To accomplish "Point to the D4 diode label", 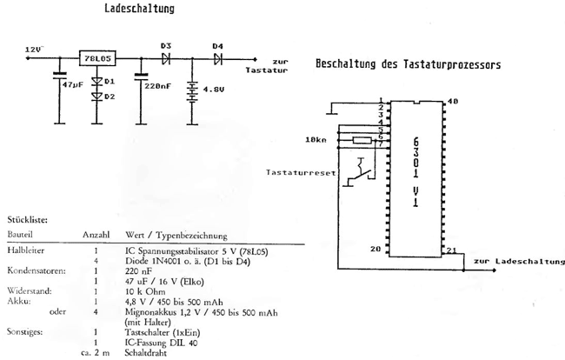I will [217, 46].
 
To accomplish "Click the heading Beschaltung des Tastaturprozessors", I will [408, 65].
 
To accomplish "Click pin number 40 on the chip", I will [451, 102].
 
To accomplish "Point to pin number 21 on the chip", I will [452, 250].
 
